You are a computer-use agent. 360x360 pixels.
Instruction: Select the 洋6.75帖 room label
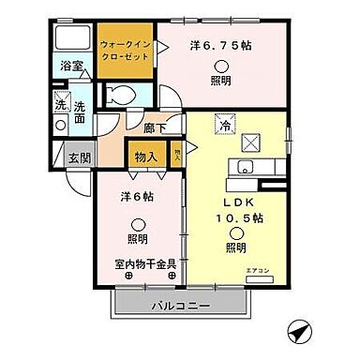pos(219,44)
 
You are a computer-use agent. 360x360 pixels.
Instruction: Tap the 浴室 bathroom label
pos(72,67)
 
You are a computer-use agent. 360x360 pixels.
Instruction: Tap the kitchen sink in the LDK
pos(245,168)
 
